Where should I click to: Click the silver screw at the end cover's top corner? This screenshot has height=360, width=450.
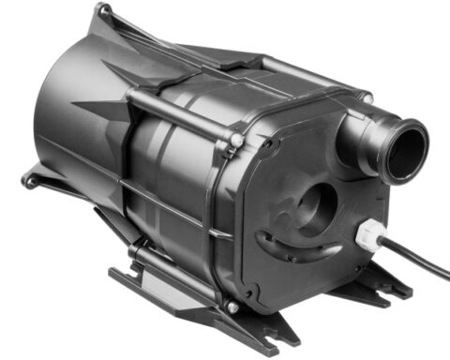point(367,98)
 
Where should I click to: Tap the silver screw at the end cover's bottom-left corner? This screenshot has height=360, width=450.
point(232,307)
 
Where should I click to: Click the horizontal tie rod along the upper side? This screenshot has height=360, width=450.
point(178,108)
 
